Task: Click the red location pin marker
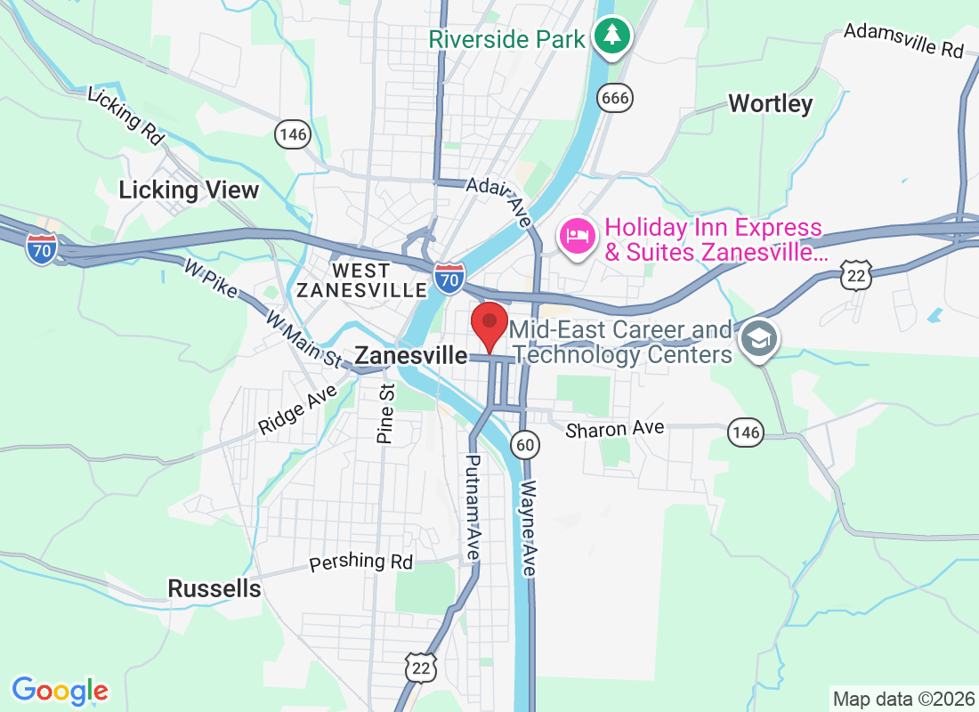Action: (x=489, y=324)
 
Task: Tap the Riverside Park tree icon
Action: (x=612, y=36)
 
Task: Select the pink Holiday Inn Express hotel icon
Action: (x=576, y=237)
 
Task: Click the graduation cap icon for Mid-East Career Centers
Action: (x=759, y=338)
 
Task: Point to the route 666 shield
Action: (x=615, y=97)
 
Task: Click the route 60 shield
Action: (x=525, y=443)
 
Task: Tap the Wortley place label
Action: (x=770, y=104)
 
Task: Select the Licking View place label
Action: (x=189, y=190)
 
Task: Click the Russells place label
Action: (x=214, y=588)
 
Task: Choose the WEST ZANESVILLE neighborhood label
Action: (x=361, y=280)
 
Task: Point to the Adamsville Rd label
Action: (x=903, y=40)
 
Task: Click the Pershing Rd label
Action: (x=361, y=562)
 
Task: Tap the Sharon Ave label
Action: (x=615, y=428)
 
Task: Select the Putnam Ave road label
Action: (x=472, y=506)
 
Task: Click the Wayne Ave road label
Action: (x=530, y=529)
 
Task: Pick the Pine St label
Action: (x=385, y=414)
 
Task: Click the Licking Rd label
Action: (x=127, y=116)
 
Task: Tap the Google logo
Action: (x=61, y=690)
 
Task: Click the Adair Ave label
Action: (x=498, y=197)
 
